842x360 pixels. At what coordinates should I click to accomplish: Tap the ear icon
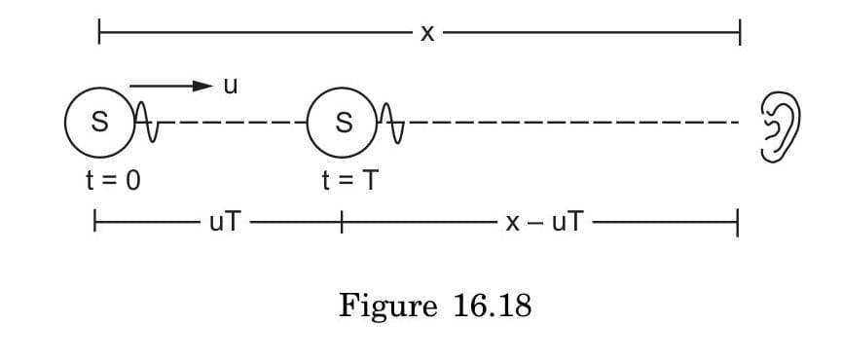(781, 125)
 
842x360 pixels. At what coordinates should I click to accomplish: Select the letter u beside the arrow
(231, 86)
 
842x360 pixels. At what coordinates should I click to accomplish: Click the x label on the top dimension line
(426, 34)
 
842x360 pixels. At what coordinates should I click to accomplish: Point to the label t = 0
(115, 180)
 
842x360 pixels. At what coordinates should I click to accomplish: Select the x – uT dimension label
(545, 224)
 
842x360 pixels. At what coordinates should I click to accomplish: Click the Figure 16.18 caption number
(493, 307)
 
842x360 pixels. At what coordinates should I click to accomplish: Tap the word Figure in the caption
(388, 307)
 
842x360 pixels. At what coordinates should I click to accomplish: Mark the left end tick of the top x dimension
(98, 34)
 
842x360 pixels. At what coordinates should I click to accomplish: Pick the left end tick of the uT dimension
(94, 224)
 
